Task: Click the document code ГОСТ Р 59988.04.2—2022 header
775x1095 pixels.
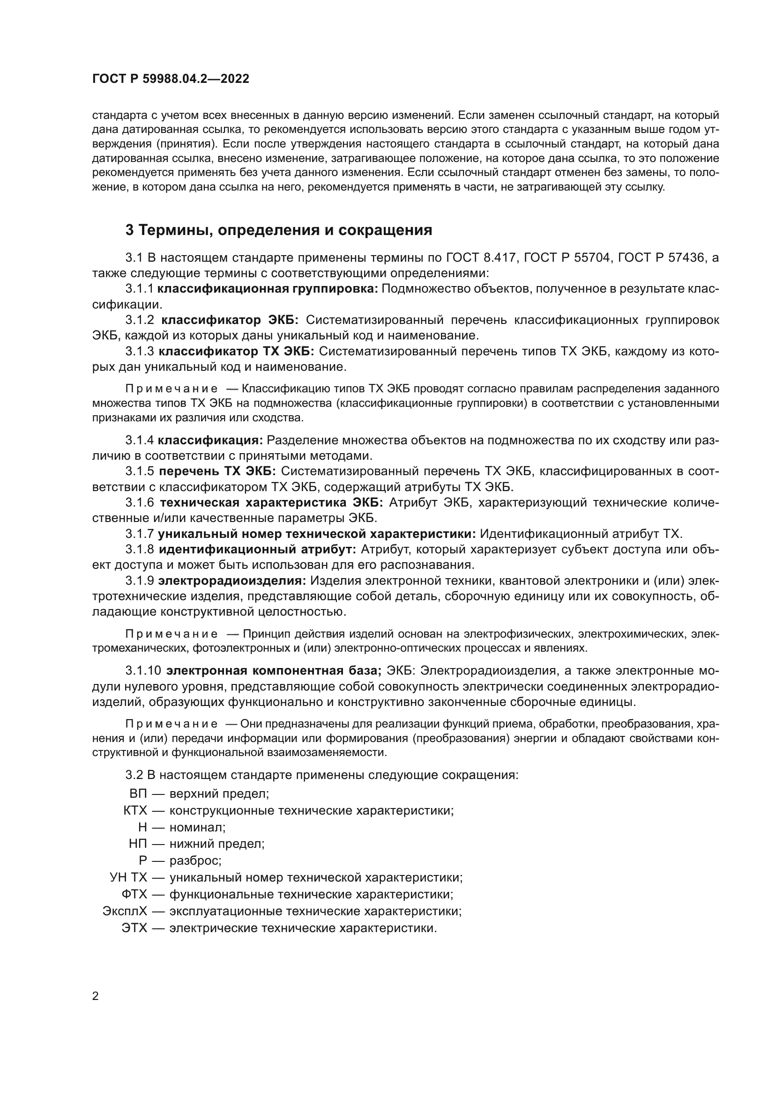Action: point(171,79)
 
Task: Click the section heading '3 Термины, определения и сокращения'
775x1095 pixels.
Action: point(278,230)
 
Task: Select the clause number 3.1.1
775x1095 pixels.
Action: point(139,288)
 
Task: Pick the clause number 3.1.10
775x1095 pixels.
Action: point(143,671)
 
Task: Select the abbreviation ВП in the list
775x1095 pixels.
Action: point(138,794)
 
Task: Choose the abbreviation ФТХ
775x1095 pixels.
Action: point(134,894)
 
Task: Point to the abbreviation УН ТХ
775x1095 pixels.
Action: point(128,877)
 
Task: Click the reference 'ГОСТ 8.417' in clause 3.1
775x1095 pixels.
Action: point(481,258)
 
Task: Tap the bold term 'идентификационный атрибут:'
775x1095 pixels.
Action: point(257,550)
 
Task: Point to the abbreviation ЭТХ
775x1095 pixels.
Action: point(134,928)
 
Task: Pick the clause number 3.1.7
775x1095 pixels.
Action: point(139,534)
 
